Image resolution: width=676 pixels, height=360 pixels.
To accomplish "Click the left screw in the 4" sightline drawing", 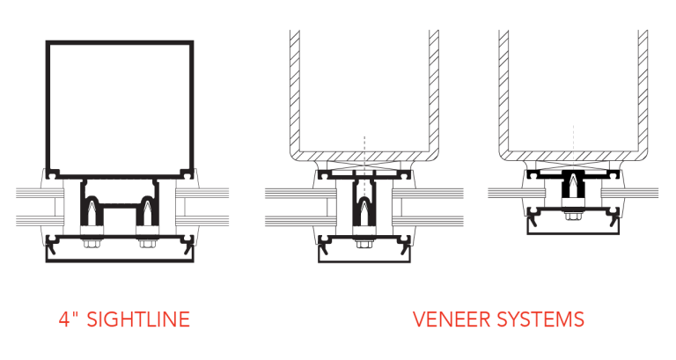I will pyautogui.click(x=92, y=214).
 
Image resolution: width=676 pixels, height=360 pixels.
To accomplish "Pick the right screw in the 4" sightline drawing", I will pyautogui.click(x=146, y=214).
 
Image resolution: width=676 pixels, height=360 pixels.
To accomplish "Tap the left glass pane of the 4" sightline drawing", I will pyautogui.click(x=28, y=202).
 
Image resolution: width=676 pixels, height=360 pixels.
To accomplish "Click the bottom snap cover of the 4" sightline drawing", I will pyautogui.click(x=120, y=256).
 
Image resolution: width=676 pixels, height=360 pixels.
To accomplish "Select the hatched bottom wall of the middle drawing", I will pyautogui.click(x=364, y=157).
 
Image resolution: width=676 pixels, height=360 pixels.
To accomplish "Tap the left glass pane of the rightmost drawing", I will pyautogui.click(x=506, y=192).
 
